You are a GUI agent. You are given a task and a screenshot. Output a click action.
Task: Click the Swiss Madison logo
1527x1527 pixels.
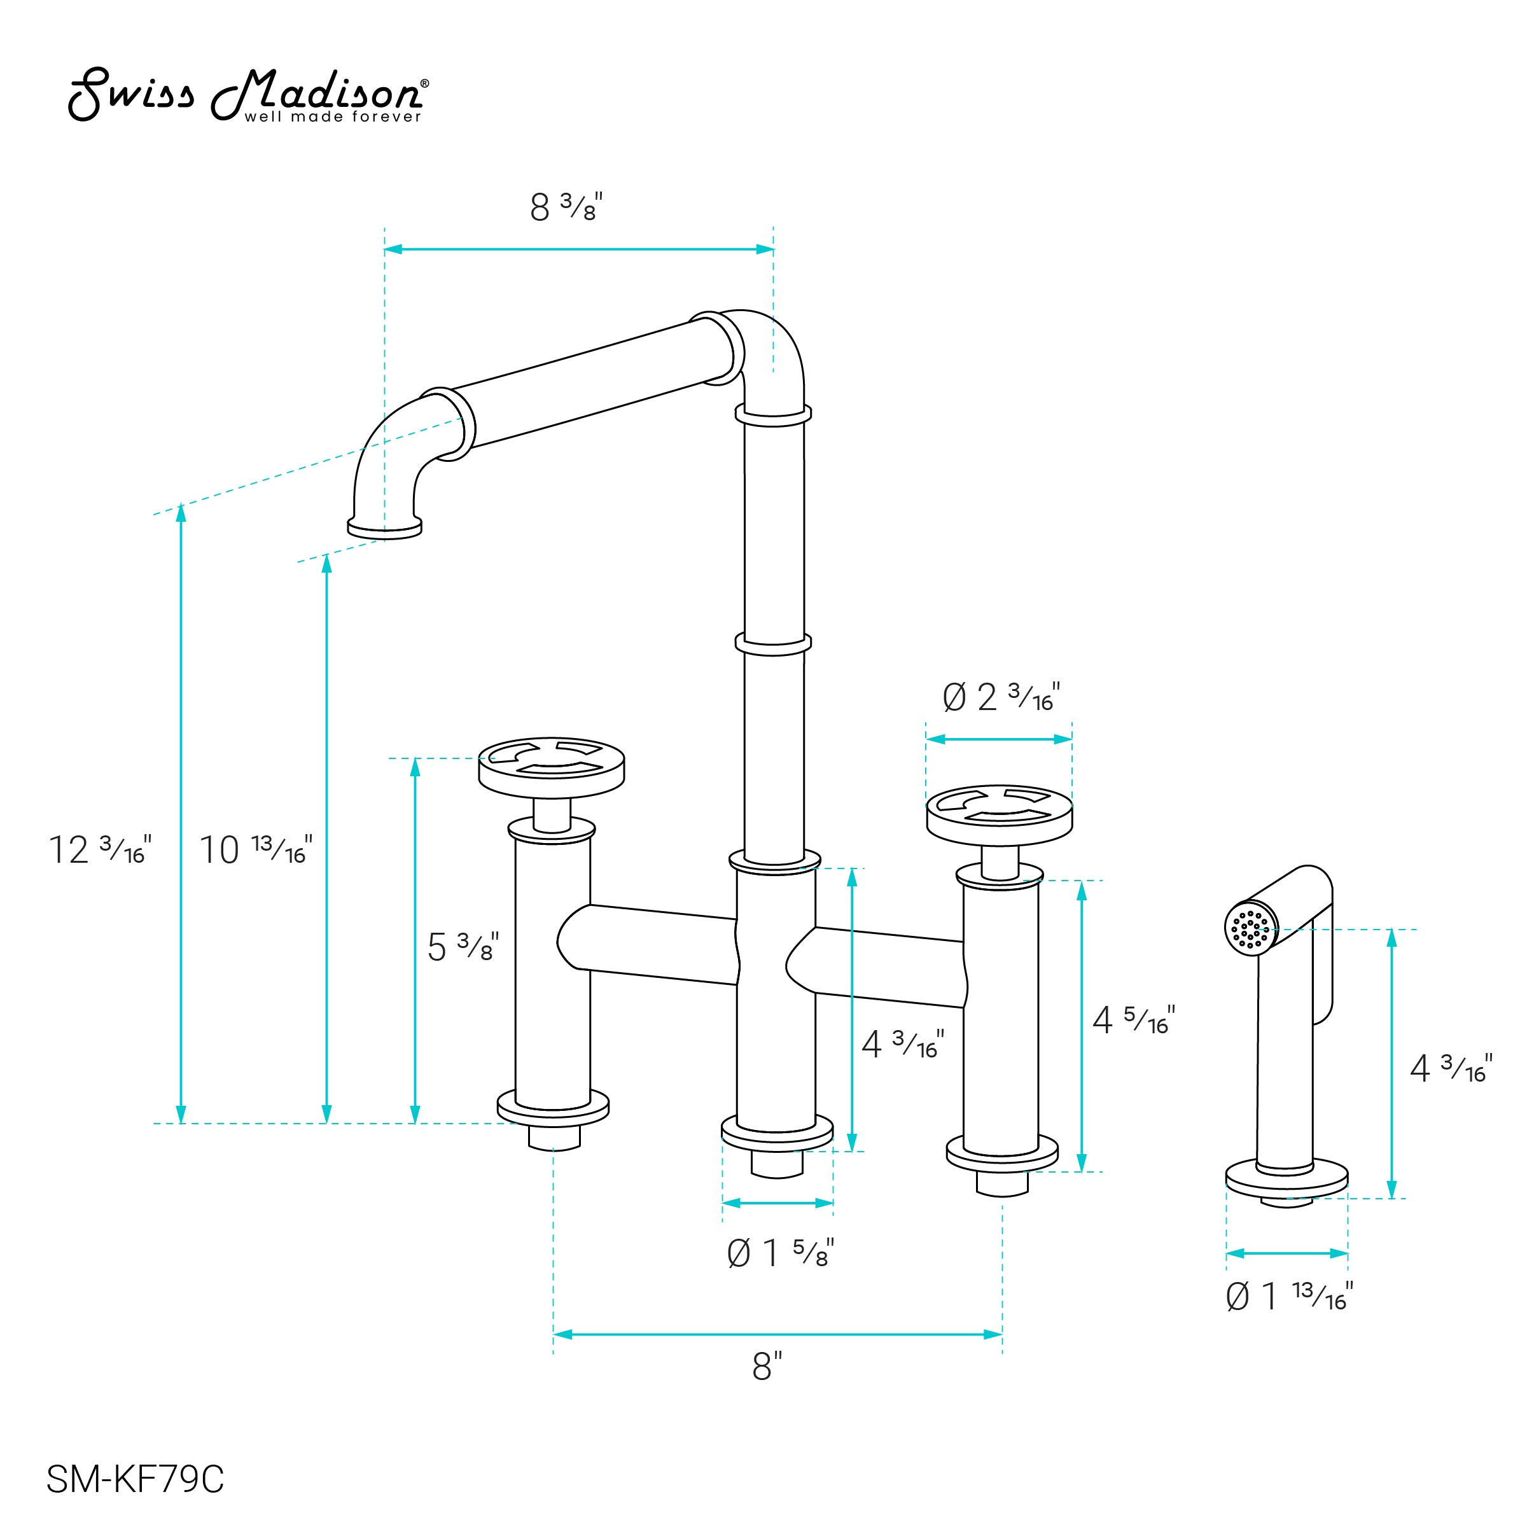pos(249,95)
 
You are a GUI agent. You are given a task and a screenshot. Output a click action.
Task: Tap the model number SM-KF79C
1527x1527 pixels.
pos(135,1479)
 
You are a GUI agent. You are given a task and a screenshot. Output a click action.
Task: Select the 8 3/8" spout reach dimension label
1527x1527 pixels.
pos(566,207)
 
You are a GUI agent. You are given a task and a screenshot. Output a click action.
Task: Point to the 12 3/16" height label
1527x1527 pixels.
pos(100,849)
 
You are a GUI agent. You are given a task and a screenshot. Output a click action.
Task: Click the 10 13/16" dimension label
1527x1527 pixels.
pos(255,849)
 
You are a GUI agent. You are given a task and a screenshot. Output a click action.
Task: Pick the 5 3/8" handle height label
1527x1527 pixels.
pos(463,946)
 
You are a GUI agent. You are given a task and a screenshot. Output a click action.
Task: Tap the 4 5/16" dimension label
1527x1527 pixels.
pos(1133,1019)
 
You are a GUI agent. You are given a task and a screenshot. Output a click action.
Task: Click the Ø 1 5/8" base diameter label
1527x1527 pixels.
pos(780,1253)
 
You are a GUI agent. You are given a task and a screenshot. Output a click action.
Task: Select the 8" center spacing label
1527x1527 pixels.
pos(767,1366)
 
